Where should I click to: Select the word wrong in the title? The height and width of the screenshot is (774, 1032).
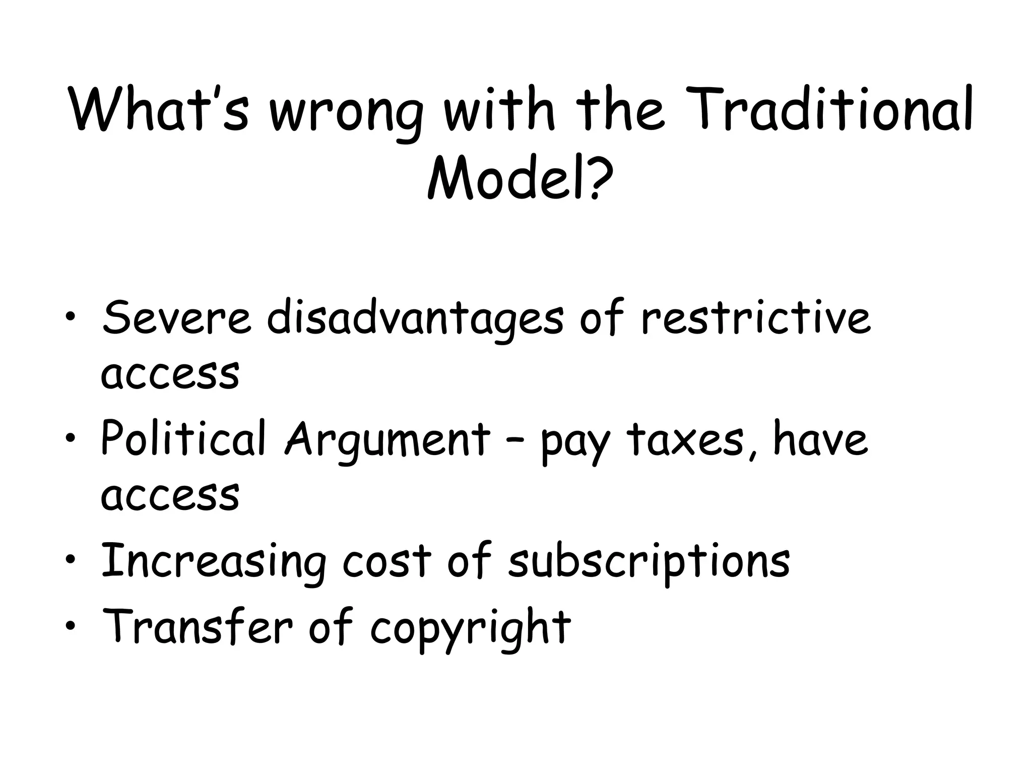point(346,113)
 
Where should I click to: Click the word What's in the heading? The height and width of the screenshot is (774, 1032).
point(159,109)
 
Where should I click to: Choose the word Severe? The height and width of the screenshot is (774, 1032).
point(176,317)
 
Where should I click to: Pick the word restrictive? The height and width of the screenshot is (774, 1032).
point(756,317)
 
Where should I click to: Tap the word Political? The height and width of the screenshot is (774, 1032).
point(183,438)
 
